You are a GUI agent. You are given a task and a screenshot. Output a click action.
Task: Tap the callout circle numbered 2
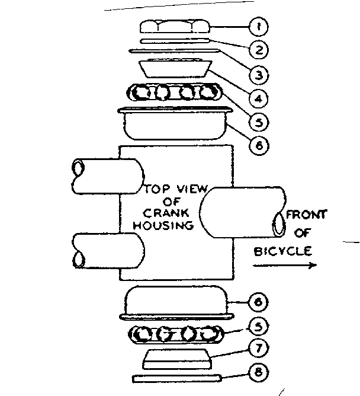click(258, 50)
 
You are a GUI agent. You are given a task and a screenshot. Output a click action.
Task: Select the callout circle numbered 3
click(258, 75)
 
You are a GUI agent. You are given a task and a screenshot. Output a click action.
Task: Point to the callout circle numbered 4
click(258, 98)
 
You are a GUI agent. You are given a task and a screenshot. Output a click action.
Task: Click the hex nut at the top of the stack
click(175, 27)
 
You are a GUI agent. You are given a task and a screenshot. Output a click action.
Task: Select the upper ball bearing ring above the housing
click(175, 92)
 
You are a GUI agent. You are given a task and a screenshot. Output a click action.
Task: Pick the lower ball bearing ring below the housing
click(175, 335)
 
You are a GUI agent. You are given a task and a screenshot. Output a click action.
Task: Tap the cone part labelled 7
click(175, 358)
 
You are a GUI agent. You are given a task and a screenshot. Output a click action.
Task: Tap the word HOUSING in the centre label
click(163, 225)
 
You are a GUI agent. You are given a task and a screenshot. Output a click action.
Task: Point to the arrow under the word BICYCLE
click(284, 266)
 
